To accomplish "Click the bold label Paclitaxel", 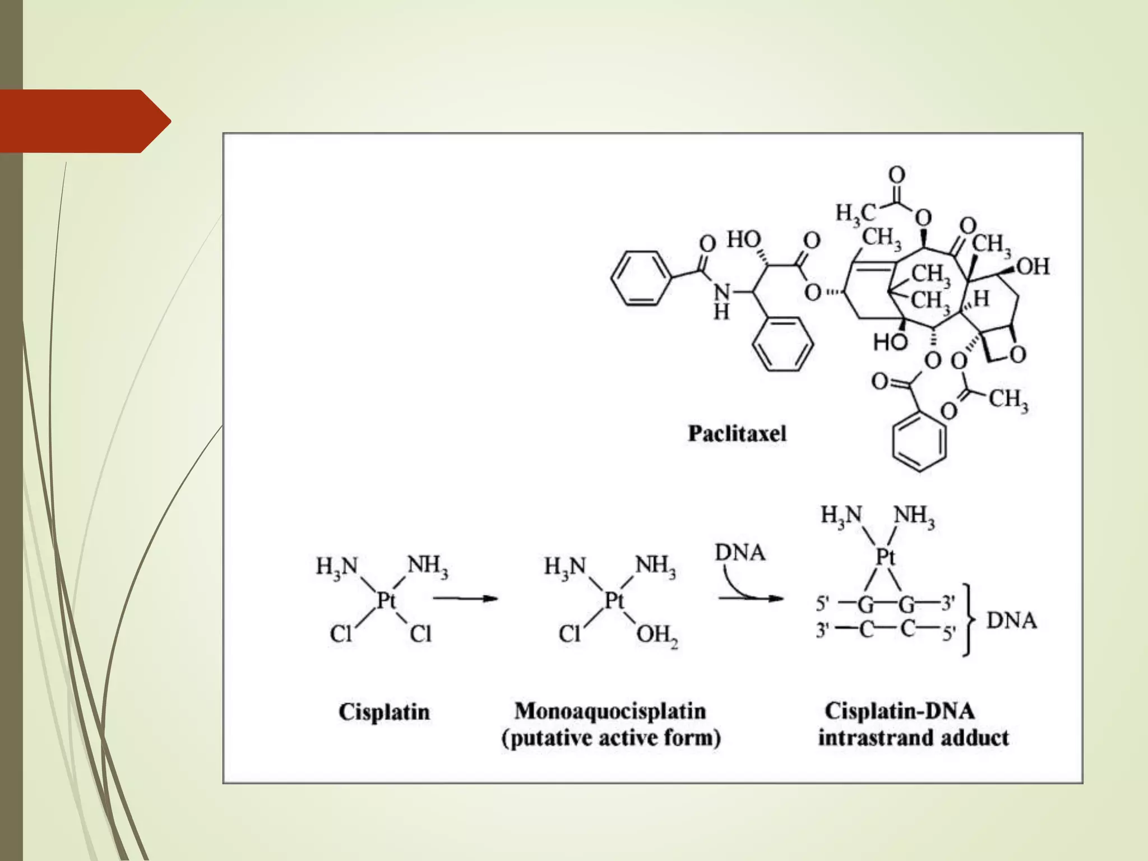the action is click(737, 434).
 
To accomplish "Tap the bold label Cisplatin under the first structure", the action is click(384, 712).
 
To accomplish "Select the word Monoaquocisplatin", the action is click(610, 711).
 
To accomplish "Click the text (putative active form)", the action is click(611, 738).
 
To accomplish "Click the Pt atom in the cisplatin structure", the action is click(386, 600).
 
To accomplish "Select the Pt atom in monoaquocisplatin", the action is click(614, 600).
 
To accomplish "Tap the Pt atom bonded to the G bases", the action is click(886, 557).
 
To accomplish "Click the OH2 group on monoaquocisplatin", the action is click(657, 636).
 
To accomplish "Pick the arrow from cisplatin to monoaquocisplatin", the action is click(465, 599).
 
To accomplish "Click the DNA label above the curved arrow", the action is click(740, 553).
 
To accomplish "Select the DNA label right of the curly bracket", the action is click(1011, 621).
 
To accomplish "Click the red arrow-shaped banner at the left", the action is click(84, 121).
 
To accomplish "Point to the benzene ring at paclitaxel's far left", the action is click(640, 279).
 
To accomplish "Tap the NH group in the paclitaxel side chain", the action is click(722, 300).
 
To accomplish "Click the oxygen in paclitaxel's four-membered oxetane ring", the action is click(1017, 354).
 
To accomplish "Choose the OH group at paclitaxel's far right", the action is click(1033, 267).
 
